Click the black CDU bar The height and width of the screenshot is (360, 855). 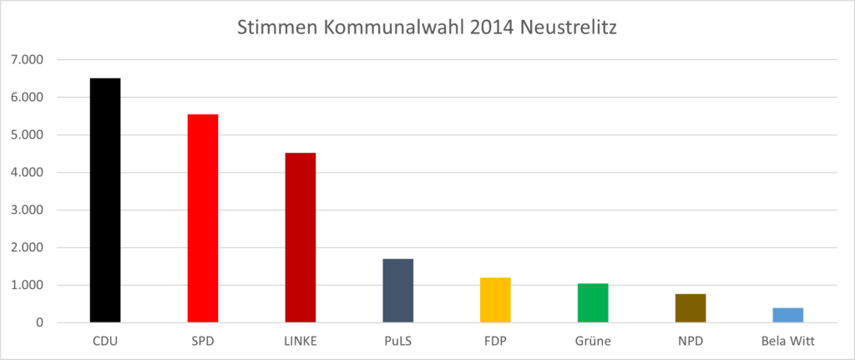[x=105, y=200]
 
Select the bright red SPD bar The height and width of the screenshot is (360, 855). [x=203, y=219]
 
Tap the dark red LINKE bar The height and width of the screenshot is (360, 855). [x=301, y=238]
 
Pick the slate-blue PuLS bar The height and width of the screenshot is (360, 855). [x=398, y=291]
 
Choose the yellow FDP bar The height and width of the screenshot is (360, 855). [x=495, y=300]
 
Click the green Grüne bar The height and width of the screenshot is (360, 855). [x=593, y=303]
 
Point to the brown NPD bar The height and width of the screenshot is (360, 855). [x=691, y=308]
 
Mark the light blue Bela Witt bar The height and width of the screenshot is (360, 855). [x=788, y=315]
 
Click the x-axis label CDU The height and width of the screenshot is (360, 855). [x=105, y=341]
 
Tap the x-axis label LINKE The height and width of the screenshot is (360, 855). [x=301, y=341]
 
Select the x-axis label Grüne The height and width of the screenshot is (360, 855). [x=593, y=341]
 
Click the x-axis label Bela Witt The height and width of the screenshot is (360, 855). [x=788, y=341]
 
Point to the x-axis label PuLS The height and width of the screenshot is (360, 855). [x=398, y=341]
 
